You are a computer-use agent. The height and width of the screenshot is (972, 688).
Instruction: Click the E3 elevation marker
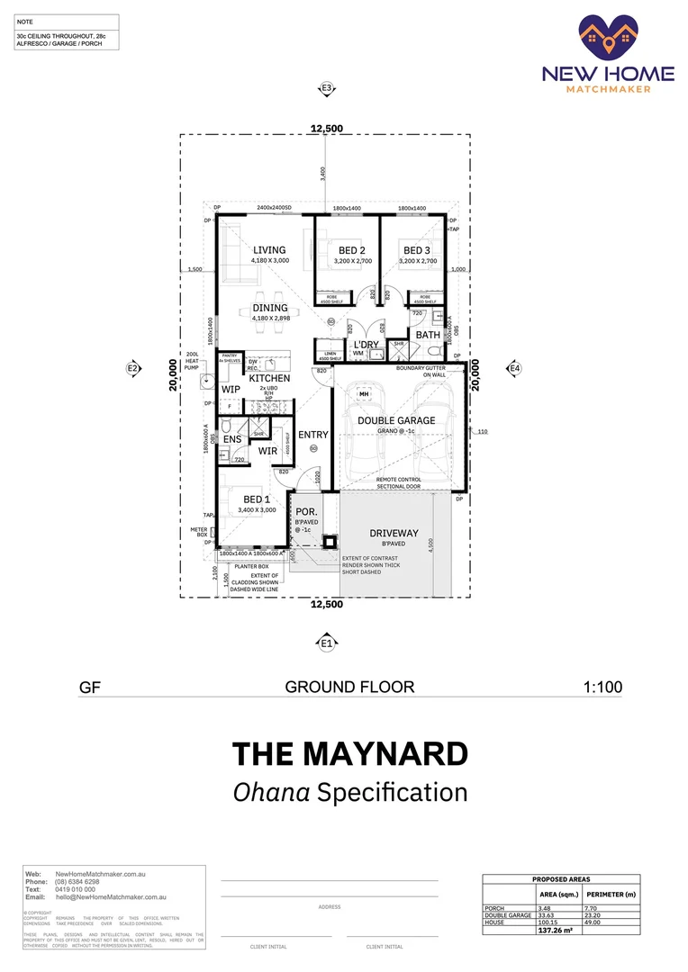(326, 88)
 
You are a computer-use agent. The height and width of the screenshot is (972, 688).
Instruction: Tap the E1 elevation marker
(326, 643)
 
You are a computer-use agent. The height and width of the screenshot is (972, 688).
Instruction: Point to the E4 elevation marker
(514, 368)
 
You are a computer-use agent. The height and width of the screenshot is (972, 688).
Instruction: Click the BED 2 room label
(351, 250)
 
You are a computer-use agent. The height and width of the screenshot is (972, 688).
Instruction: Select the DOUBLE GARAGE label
(396, 420)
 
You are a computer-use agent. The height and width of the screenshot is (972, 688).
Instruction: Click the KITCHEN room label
(270, 379)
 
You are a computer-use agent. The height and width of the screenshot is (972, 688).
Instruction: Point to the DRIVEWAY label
(394, 534)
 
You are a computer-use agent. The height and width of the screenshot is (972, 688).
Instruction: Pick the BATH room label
(428, 336)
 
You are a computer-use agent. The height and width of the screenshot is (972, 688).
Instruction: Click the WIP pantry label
(231, 390)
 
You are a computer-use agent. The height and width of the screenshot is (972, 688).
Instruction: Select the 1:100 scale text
(603, 687)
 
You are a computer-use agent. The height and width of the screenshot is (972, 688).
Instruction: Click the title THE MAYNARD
(350, 753)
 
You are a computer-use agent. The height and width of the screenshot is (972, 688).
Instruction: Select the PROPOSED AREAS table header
(561, 879)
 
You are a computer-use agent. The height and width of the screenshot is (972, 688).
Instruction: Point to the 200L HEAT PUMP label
(192, 361)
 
